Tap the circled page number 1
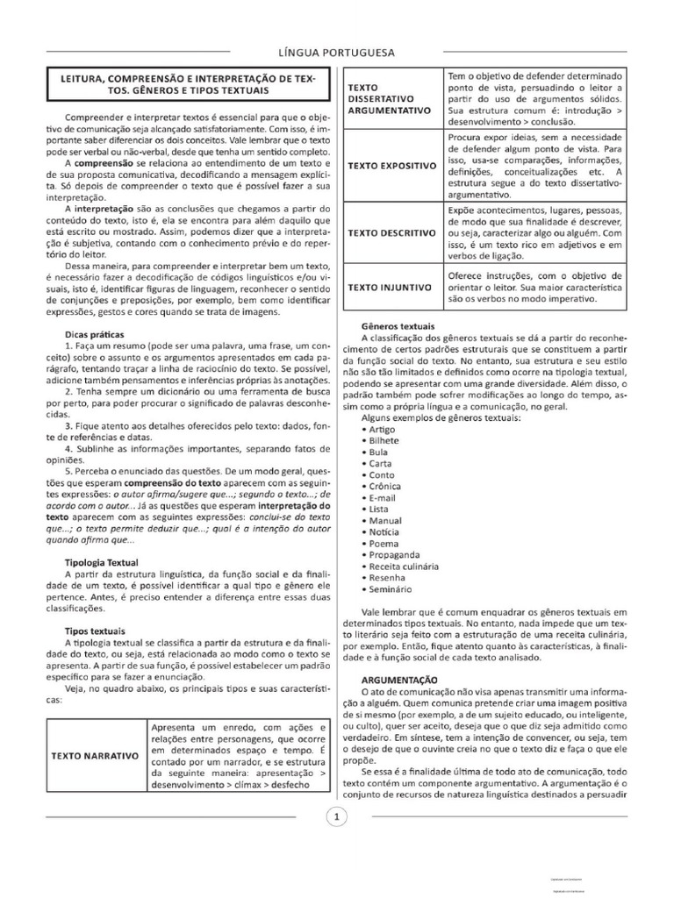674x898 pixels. tap(337, 817)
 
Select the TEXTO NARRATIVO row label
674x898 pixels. tap(95, 754)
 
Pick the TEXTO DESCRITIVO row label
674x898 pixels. tap(391, 232)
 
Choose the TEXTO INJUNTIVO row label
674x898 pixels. tap(390, 287)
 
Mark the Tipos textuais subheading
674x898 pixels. tap(96, 631)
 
